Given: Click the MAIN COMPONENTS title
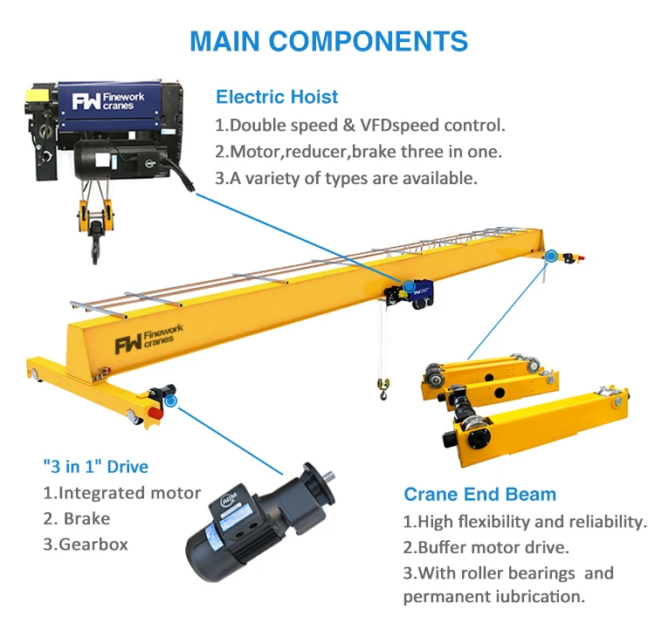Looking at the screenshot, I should (x=328, y=41).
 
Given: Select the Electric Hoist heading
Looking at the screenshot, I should (x=277, y=97).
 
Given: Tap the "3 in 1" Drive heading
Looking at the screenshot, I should (x=95, y=466).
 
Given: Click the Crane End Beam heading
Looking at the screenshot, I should (x=479, y=495).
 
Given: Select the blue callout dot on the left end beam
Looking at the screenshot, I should (x=170, y=401).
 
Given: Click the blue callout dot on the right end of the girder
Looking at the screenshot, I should (x=550, y=257).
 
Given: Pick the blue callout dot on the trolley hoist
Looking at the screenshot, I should (x=408, y=285).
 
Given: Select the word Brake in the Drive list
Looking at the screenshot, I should (x=86, y=518).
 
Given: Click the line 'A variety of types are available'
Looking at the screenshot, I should (x=347, y=178).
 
